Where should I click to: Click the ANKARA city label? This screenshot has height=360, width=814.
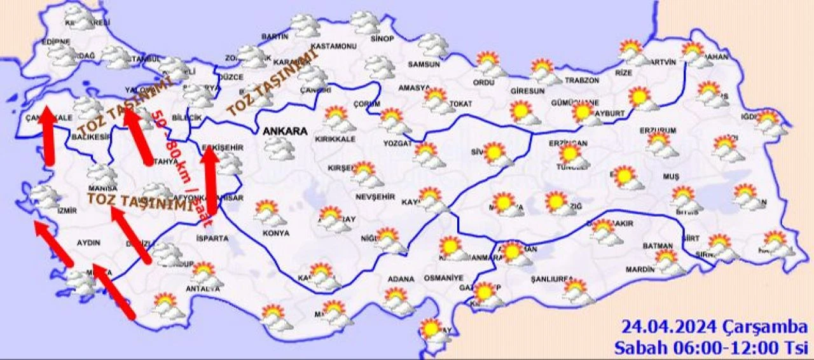tap(285, 132)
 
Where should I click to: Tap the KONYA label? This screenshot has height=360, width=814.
tap(275, 233)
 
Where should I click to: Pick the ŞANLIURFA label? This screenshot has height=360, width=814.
tap(553, 280)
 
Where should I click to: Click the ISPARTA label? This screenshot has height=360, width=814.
tap(212, 238)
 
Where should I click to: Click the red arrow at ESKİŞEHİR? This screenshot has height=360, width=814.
tap(210, 184)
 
